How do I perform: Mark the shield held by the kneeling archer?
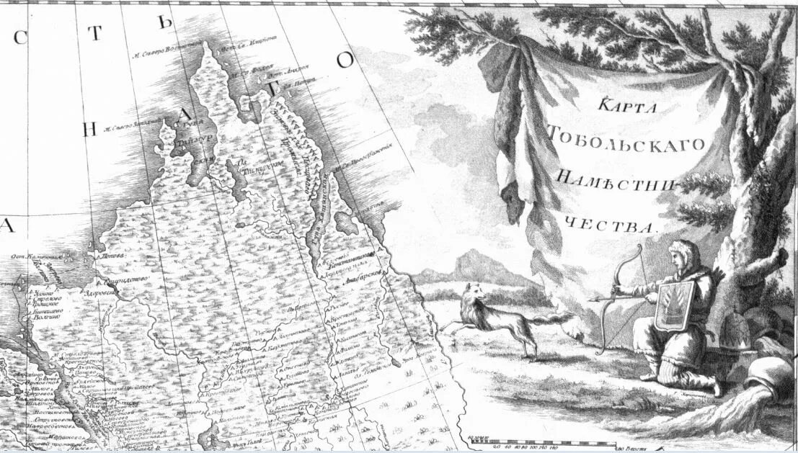674,305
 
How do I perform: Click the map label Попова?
110,255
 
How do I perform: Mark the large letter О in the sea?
346,59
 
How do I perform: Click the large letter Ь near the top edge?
167,22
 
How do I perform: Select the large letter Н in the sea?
89,129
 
